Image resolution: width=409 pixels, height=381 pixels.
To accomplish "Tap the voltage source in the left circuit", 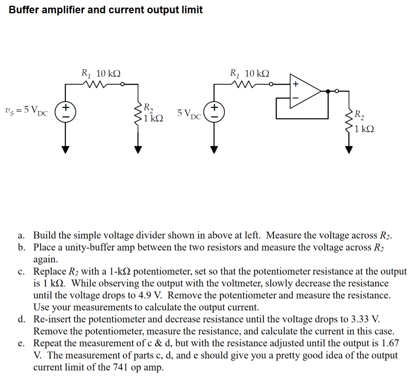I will [65, 111].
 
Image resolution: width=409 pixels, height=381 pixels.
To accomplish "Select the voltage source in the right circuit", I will [214, 111].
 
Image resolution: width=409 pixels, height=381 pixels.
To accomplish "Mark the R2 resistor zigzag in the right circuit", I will [349, 120].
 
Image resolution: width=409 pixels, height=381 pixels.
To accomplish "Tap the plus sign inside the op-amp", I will [296, 84].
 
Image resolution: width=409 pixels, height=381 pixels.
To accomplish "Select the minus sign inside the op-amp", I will [296, 98].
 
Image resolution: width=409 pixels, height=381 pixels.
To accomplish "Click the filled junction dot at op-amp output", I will [328, 91].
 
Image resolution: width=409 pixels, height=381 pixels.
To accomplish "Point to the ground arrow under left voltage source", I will [65, 149].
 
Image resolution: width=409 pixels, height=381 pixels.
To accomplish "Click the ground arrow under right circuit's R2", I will [349, 149].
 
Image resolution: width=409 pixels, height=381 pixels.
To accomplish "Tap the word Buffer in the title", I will [24, 10].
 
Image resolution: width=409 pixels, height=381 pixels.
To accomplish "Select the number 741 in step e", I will [120, 367].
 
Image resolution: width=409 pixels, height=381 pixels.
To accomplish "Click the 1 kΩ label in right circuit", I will [364, 129].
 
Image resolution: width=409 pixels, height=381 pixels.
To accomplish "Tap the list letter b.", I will [21, 247].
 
